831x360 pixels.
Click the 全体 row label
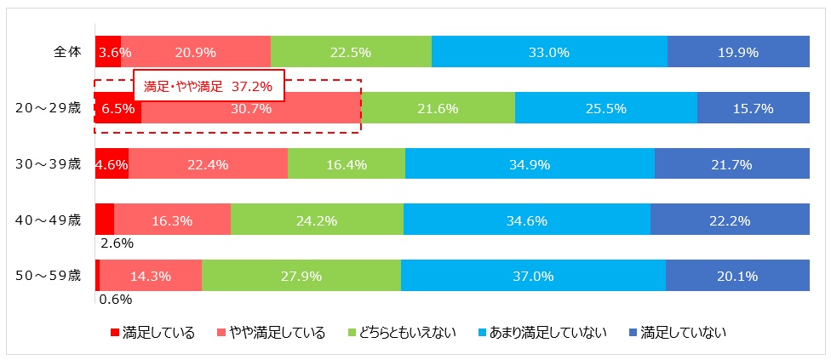click(x=63, y=52)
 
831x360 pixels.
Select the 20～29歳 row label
click(x=48, y=108)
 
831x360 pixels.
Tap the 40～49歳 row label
click(x=48, y=220)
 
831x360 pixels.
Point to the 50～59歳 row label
click(x=48, y=275)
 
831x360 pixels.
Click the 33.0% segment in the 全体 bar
click(x=549, y=52)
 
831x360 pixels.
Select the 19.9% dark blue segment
click(x=737, y=52)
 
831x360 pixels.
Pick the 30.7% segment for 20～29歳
click(x=251, y=108)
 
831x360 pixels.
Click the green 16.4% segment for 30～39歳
click(x=346, y=164)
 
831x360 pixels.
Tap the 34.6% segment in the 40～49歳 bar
click(x=526, y=220)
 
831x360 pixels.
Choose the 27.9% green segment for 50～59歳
click(x=301, y=276)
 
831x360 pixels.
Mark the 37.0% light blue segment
click(x=533, y=276)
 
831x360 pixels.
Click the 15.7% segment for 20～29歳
click(x=753, y=108)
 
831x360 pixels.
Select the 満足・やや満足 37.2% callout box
click(x=209, y=86)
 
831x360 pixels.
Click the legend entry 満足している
click(x=153, y=332)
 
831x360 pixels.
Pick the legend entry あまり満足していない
click(x=543, y=332)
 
